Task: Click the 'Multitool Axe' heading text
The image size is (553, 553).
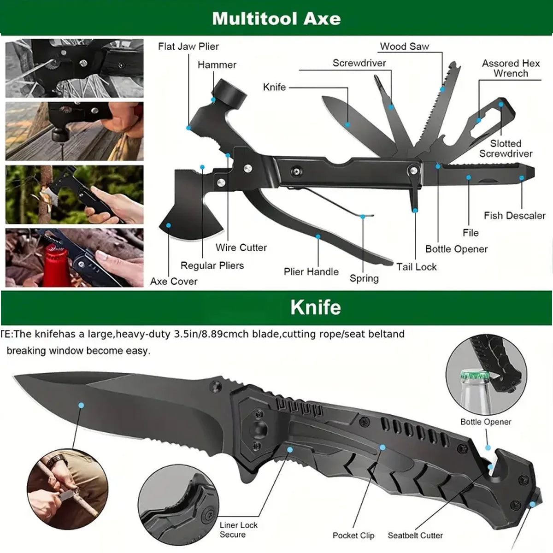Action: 276,18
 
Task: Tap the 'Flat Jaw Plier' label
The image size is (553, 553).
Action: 188,47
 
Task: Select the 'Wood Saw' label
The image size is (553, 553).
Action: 404,47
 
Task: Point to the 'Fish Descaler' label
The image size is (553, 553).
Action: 514,216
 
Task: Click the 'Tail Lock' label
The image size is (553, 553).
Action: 416,267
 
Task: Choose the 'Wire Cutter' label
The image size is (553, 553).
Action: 241,247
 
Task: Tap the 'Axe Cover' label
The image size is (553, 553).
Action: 174,282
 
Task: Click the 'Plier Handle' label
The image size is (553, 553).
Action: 311,272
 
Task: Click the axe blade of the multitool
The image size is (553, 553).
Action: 184,212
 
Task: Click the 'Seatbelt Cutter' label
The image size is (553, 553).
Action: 415,535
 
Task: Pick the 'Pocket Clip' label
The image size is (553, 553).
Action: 353,535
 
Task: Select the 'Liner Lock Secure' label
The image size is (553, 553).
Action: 238,530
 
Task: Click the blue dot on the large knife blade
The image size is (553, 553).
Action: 81,405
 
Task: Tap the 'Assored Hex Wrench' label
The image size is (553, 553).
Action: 511,68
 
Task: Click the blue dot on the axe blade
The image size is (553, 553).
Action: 169,225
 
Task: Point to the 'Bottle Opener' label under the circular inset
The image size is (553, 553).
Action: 486,422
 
